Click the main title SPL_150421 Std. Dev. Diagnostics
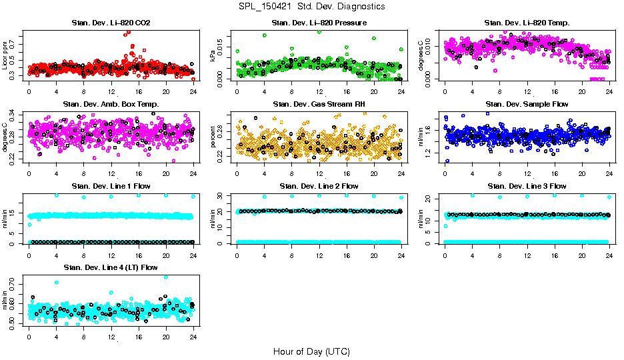pyautogui.click(x=311, y=7)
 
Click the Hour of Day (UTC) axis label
pyautogui.click(x=311, y=351)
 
